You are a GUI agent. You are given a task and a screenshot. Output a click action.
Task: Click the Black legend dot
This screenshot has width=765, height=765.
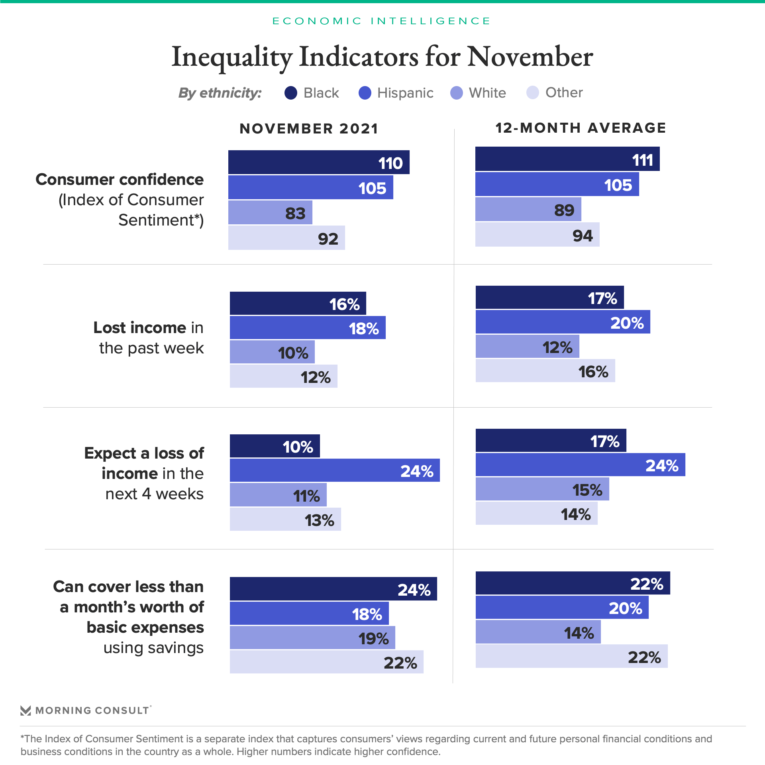point(291,93)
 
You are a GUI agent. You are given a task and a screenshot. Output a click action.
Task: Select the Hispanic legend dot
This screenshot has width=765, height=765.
point(365,93)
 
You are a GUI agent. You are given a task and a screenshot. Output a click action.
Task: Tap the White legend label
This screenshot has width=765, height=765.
point(487,93)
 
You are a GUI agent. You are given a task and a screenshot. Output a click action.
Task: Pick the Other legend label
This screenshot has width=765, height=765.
point(564,92)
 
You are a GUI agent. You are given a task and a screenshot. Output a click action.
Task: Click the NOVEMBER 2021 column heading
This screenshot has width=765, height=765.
point(309,129)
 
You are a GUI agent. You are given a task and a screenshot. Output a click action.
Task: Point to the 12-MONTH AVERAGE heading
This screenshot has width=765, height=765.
point(581,128)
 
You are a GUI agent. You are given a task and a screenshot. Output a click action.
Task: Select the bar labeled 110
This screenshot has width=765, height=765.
point(319,162)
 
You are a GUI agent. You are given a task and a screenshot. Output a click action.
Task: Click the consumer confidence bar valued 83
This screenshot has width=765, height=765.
point(270,212)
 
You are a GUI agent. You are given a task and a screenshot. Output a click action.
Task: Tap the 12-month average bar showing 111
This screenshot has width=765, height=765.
point(567,159)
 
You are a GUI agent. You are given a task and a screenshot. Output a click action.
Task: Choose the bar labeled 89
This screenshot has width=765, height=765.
point(528,209)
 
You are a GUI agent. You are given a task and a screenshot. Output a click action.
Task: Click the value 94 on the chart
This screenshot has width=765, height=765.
point(583,235)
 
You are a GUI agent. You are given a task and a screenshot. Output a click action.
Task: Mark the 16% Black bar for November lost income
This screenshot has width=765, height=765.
point(298,303)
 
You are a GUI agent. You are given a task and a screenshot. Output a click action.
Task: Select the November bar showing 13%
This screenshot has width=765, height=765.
point(285,519)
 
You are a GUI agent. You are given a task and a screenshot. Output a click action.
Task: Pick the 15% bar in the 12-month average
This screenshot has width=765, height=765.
point(542,489)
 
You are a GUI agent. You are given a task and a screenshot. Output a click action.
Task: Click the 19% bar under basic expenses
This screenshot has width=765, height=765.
point(312,637)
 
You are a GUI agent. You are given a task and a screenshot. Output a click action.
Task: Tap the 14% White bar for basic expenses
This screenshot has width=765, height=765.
point(538,632)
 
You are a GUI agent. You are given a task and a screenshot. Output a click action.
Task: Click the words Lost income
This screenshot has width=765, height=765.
point(140,328)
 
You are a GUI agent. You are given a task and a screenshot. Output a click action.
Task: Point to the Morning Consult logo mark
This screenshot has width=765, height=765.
point(25,710)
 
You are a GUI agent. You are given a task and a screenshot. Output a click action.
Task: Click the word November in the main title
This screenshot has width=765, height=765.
point(530,56)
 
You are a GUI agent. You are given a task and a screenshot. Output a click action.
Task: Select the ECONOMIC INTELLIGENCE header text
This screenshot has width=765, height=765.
point(381,21)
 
